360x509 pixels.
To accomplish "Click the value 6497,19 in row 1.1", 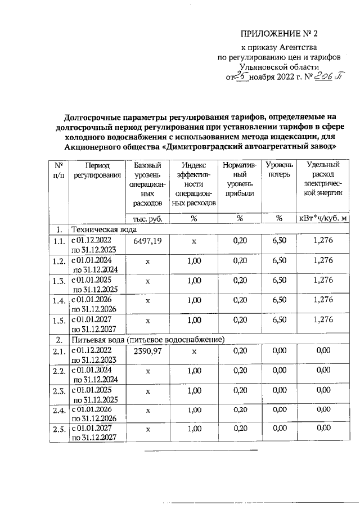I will tap(148, 241).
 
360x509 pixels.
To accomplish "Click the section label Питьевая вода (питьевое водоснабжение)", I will tap(147, 339).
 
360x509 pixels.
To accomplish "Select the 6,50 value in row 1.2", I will tap(280, 260).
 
